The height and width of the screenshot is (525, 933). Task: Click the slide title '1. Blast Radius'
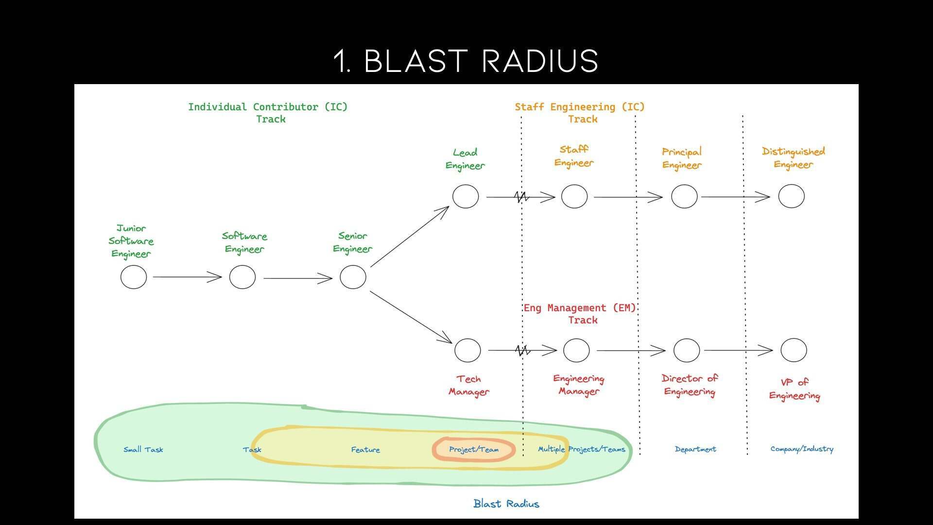(x=466, y=61)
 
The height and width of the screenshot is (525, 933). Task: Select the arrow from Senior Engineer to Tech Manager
(x=411, y=317)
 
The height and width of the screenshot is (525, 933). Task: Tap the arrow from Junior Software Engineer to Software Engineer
(x=188, y=277)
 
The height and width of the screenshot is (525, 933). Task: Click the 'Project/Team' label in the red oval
(x=474, y=450)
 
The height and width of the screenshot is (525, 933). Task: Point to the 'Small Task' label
(x=143, y=450)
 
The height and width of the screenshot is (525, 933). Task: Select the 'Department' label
(x=695, y=449)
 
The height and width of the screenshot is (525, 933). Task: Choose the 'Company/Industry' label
(x=802, y=449)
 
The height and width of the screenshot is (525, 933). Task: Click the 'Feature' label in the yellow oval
(x=365, y=450)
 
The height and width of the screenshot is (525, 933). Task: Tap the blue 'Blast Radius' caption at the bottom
(x=506, y=504)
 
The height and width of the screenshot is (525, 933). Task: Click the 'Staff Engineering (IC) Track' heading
(x=580, y=113)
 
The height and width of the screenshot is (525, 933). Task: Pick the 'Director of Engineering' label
(x=690, y=385)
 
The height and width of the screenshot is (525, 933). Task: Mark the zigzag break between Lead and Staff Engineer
(x=522, y=197)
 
